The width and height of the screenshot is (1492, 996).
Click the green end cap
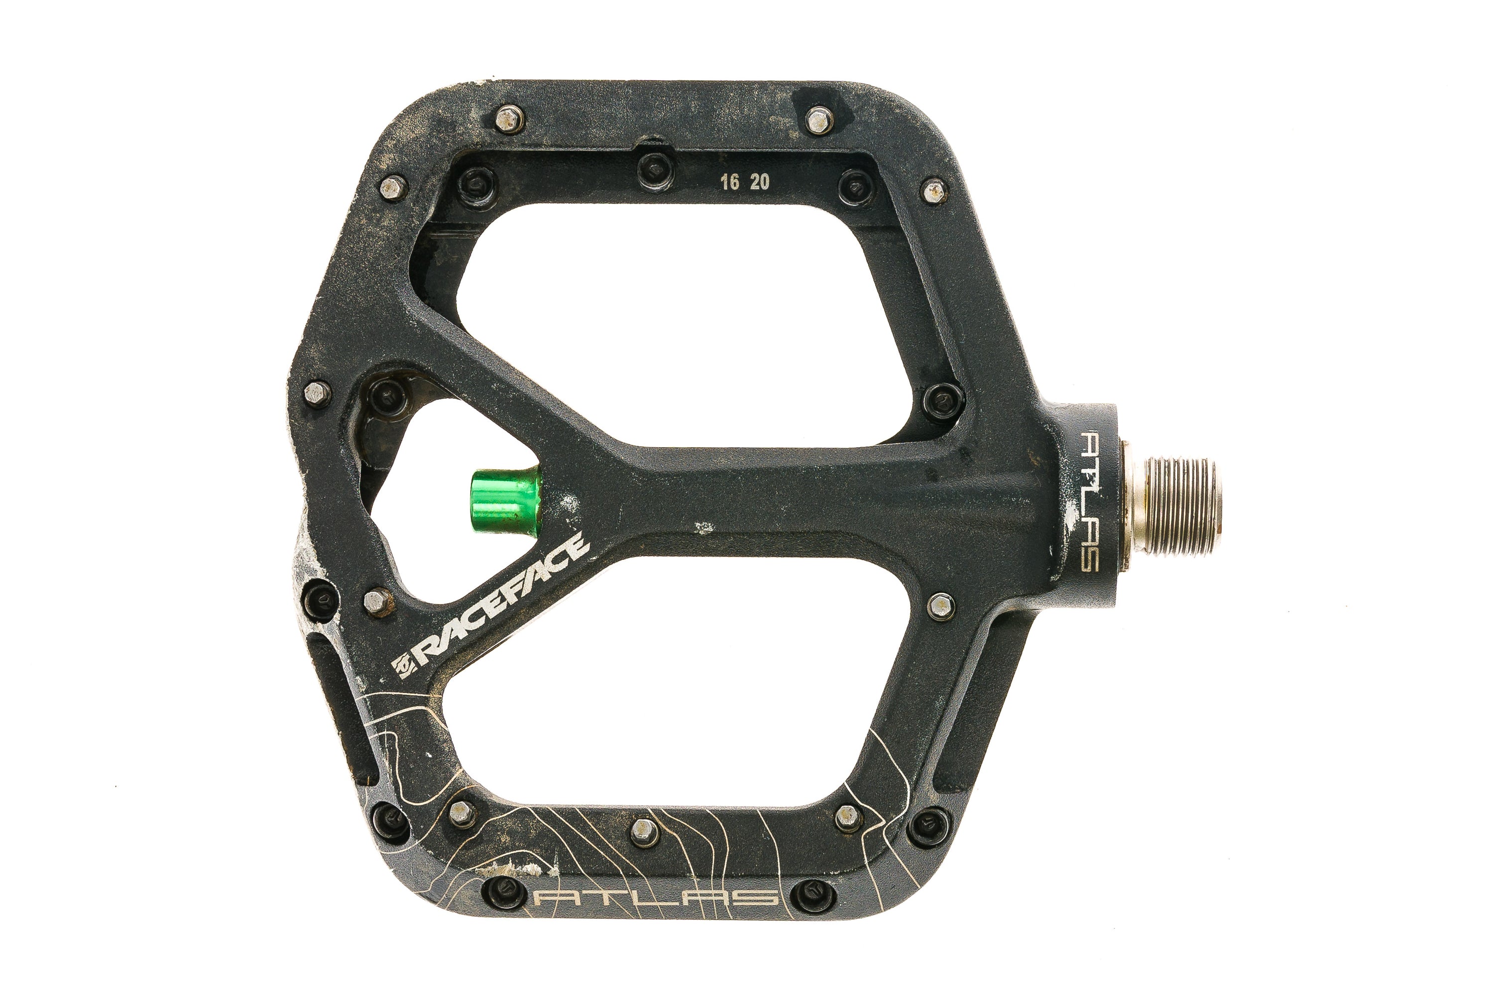[505, 500]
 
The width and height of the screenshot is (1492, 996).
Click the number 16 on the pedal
[729, 183]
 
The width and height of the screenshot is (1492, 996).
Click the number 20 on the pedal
[760, 182]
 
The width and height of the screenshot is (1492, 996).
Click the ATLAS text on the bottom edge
[657, 897]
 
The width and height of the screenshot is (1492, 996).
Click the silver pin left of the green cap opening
[318, 392]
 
